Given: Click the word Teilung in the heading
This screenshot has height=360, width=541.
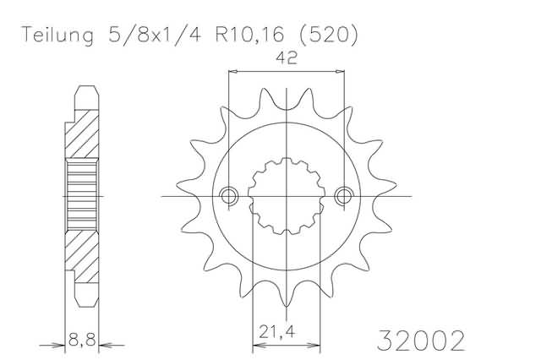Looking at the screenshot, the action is (57, 35).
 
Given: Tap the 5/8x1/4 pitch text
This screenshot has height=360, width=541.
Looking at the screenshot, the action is (155, 35).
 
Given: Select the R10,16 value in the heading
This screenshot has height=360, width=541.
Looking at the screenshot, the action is (250, 35).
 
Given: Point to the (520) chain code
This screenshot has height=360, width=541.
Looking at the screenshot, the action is (328, 35).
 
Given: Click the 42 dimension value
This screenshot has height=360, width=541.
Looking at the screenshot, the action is (287, 58).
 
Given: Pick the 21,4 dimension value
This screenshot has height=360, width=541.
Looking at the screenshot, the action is (277, 332).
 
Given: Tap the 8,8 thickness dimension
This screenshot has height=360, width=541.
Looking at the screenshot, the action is (82, 340).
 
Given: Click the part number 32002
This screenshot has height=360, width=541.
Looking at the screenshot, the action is (421, 341).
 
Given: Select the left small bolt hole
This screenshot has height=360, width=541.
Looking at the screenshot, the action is (229, 197).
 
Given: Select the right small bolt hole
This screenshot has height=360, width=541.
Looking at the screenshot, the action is (344, 197).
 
